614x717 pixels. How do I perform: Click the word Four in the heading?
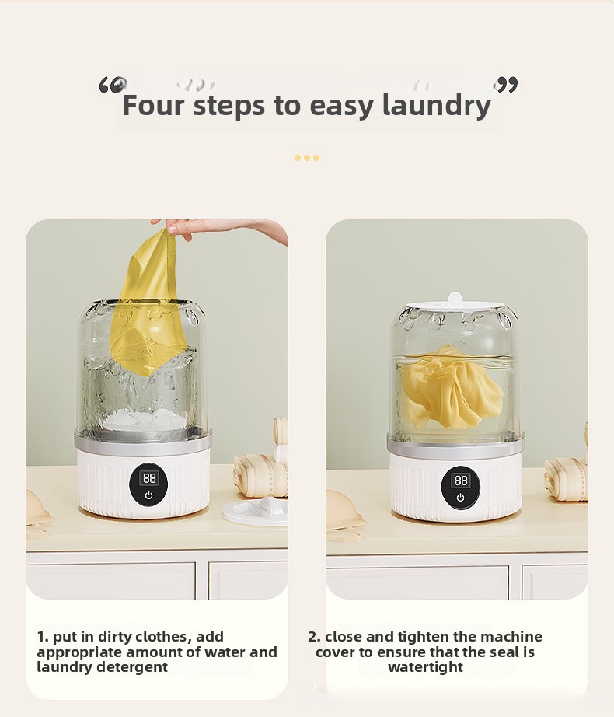(155, 105)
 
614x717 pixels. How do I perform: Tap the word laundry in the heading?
(437, 106)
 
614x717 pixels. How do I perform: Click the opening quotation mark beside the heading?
(113, 85)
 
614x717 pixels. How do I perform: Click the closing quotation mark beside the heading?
(505, 85)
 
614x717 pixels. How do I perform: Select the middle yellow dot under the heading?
(307, 158)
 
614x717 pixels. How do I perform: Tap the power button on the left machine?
(148, 495)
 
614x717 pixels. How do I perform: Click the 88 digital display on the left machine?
(149, 478)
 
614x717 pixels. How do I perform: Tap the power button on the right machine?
(460, 498)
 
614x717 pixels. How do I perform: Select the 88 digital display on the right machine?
(461, 480)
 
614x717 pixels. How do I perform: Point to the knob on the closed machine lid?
(455, 299)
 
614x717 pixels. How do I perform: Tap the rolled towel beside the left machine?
(260, 476)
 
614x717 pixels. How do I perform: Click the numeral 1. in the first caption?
(43, 637)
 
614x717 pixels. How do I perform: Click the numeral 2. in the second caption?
(314, 637)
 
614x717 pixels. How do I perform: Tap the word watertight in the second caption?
(426, 667)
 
